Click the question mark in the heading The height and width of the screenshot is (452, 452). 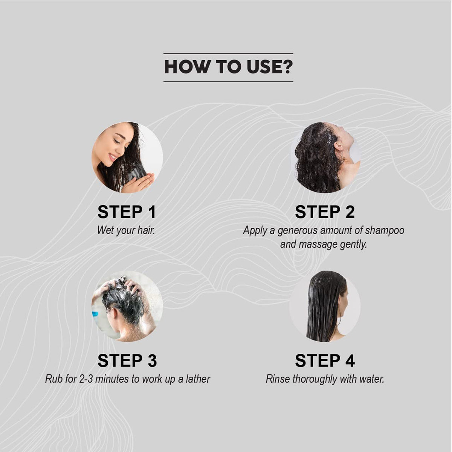pos(286,67)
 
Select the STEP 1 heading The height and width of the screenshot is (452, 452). pos(127,212)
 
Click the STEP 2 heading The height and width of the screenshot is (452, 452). pos(325,212)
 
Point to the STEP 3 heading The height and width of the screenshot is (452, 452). pos(127,360)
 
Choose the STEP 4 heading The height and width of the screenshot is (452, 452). pos(325,360)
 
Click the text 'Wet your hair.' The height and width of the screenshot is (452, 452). pos(126,231)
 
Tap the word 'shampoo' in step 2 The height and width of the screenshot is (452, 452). pos(385,231)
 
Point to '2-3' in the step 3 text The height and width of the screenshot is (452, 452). pos(86,379)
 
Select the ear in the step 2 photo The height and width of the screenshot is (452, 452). pos(338,145)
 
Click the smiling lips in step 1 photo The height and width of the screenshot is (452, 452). pos(113,157)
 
